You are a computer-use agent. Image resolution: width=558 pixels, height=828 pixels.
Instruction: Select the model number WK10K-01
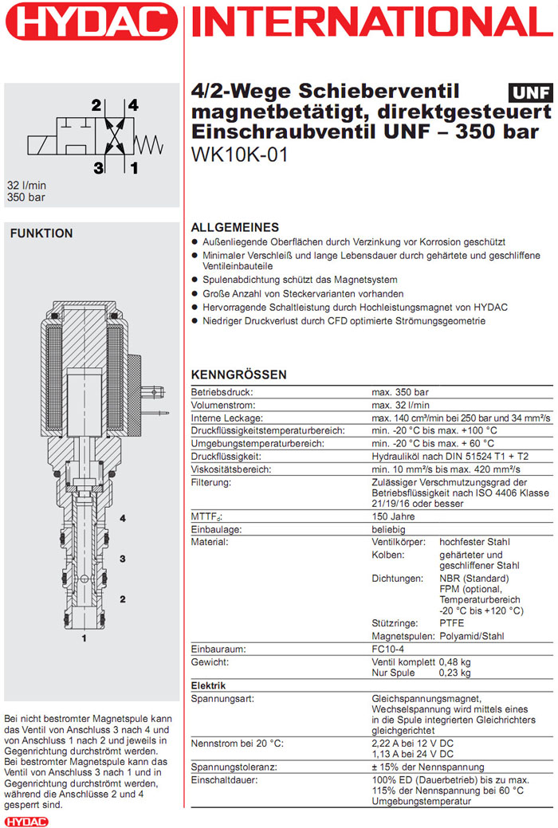(x=239, y=154)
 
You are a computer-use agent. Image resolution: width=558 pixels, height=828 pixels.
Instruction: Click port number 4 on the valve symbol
(x=133, y=105)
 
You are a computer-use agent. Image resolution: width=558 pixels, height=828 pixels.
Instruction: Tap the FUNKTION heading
(x=41, y=233)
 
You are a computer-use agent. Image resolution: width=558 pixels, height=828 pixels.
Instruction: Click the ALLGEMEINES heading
(x=235, y=227)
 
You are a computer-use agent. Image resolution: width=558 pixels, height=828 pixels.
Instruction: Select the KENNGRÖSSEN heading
(x=239, y=375)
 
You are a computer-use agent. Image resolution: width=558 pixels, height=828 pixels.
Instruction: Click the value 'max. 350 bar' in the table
(x=400, y=392)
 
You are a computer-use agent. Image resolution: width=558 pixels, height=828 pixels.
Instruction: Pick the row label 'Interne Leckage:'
(x=226, y=418)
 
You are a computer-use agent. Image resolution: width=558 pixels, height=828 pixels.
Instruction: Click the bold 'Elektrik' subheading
(x=209, y=685)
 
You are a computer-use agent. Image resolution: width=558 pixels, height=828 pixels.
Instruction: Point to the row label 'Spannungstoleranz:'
(x=234, y=767)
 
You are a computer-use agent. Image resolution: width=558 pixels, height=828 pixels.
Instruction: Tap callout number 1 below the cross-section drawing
(x=83, y=638)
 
